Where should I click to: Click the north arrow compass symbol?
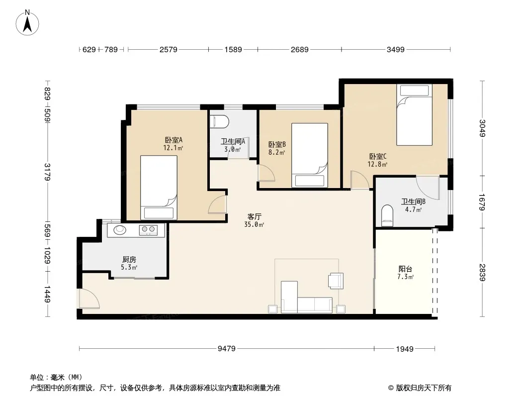(x=27, y=23)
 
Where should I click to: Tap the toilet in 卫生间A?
(x=219, y=122)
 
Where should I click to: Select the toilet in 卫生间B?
(x=387, y=215)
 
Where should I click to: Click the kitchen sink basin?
(x=120, y=230)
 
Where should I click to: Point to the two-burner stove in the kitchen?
(x=148, y=230)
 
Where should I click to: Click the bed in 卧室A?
(x=159, y=188)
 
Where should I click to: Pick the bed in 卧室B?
(x=310, y=155)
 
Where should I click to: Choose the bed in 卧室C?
(x=414, y=115)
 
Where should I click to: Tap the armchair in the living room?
(x=336, y=281)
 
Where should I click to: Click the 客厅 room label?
(x=254, y=216)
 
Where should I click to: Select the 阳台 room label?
(x=405, y=269)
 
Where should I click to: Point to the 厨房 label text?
(x=129, y=260)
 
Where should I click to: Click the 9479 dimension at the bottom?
(x=226, y=349)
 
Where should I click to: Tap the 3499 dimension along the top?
(x=395, y=49)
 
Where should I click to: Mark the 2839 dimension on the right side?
(x=482, y=272)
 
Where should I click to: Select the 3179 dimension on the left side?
(x=47, y=172)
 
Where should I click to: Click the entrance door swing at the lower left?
(x=88, y=299)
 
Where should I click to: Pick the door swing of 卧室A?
(x=217, y=204)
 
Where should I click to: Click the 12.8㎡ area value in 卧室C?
(x=377, y=164)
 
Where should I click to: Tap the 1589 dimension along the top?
(x=233, y=49)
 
